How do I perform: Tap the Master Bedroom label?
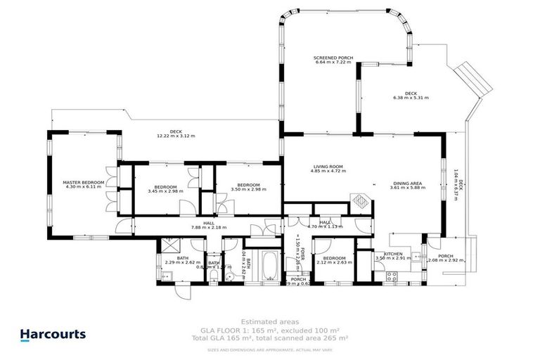[84, 181]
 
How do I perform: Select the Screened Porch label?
[333, 58]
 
